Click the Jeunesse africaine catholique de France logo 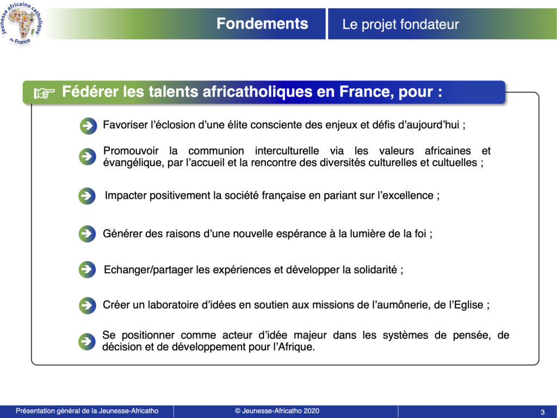pyautogui.click(x=22, y=23)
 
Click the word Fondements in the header pyautogui.click(x=262, y=23)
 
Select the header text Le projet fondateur pyautogui.click(x=400, y=24)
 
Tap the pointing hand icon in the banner pyautogui.click(x=45, y=93)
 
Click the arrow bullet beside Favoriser pyautogui.click(x=88, y=126)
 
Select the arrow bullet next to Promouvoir pyautogui.click(x=88, y=156)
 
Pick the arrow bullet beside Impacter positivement pyautogui.click(x=87, y=196)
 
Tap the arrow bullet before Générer pyautogui.click(x=87, y=233)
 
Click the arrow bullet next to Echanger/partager pyautogui.click(x=87, y=269)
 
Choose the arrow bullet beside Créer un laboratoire pyautogui.click(x=87, y=305)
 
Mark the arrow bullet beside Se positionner pyautogui.click(x=87, y=342)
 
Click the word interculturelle pyautogui.click(x=287, y=151)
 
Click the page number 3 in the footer pyautogui.click(x=542, y=413)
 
